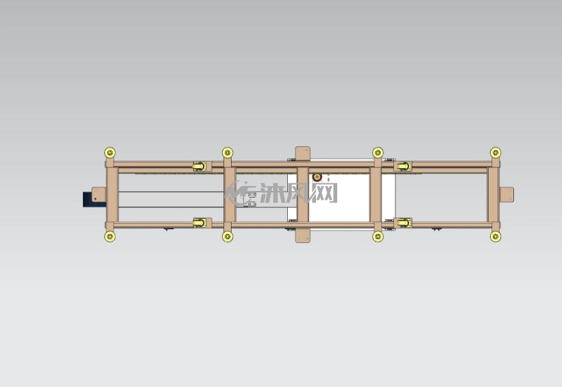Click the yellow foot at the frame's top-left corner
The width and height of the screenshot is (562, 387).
110,152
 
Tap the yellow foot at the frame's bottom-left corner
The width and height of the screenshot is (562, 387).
110,236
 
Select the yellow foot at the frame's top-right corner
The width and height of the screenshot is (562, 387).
496,152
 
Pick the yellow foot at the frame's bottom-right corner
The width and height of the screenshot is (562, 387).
496,236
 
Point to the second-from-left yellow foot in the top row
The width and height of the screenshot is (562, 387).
228,152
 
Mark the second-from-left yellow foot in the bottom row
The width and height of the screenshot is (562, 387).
228,236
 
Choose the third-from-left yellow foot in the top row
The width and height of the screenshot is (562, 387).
378,152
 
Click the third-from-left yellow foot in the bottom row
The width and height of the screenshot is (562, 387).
378,236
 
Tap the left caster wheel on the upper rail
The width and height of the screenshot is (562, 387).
199,166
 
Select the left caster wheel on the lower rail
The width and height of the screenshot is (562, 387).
199,223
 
